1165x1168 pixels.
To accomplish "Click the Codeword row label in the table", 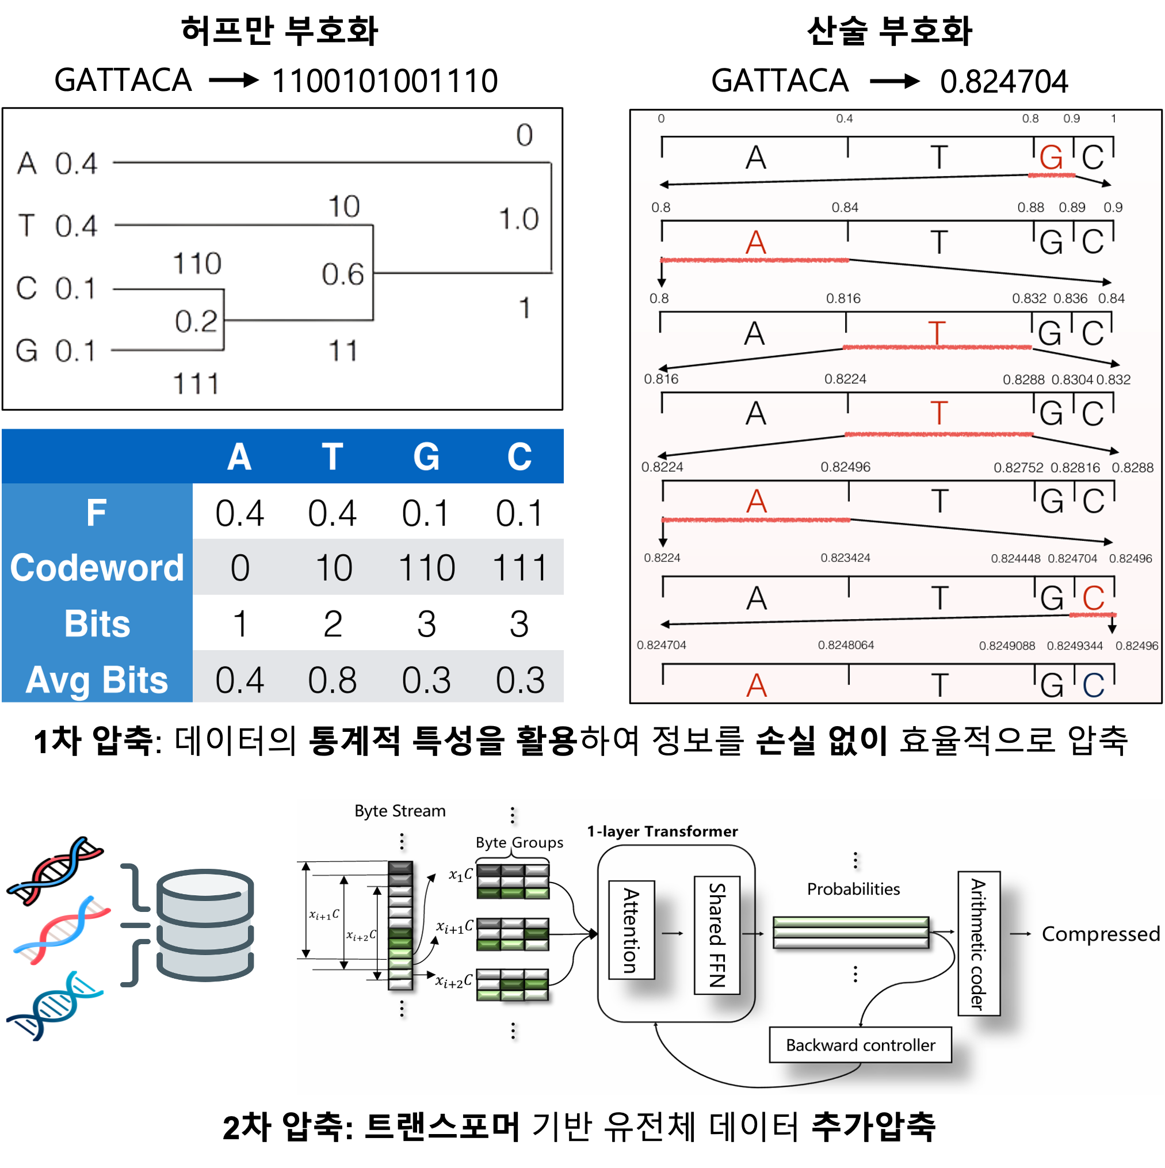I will point(97,568).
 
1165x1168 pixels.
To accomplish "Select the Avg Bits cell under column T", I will point(332,680).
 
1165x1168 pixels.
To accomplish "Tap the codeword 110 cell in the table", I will point(426,568).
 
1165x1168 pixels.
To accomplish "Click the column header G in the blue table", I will point(426,456).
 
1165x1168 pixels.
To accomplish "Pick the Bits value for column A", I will point(240,624).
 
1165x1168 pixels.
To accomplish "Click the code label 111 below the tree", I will point(196,383).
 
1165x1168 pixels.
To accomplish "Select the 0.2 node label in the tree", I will point(195,320).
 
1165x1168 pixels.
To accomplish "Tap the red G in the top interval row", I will point(1051,158).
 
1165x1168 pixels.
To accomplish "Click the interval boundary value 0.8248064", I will point(846,645).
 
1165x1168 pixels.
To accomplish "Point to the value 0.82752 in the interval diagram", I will point(1018,467).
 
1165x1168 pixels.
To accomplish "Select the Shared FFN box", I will point(717,934).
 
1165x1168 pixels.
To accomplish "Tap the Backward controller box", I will point(860,1045).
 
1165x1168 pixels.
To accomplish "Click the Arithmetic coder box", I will point(978,943).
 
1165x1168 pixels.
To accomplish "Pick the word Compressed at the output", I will point(1101,934).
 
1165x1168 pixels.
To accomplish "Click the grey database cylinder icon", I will point(205,925).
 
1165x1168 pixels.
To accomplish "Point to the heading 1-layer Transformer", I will point(662,831).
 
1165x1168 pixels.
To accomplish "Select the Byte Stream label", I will point(400,811).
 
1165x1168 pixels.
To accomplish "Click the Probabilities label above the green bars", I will point(853,889).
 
